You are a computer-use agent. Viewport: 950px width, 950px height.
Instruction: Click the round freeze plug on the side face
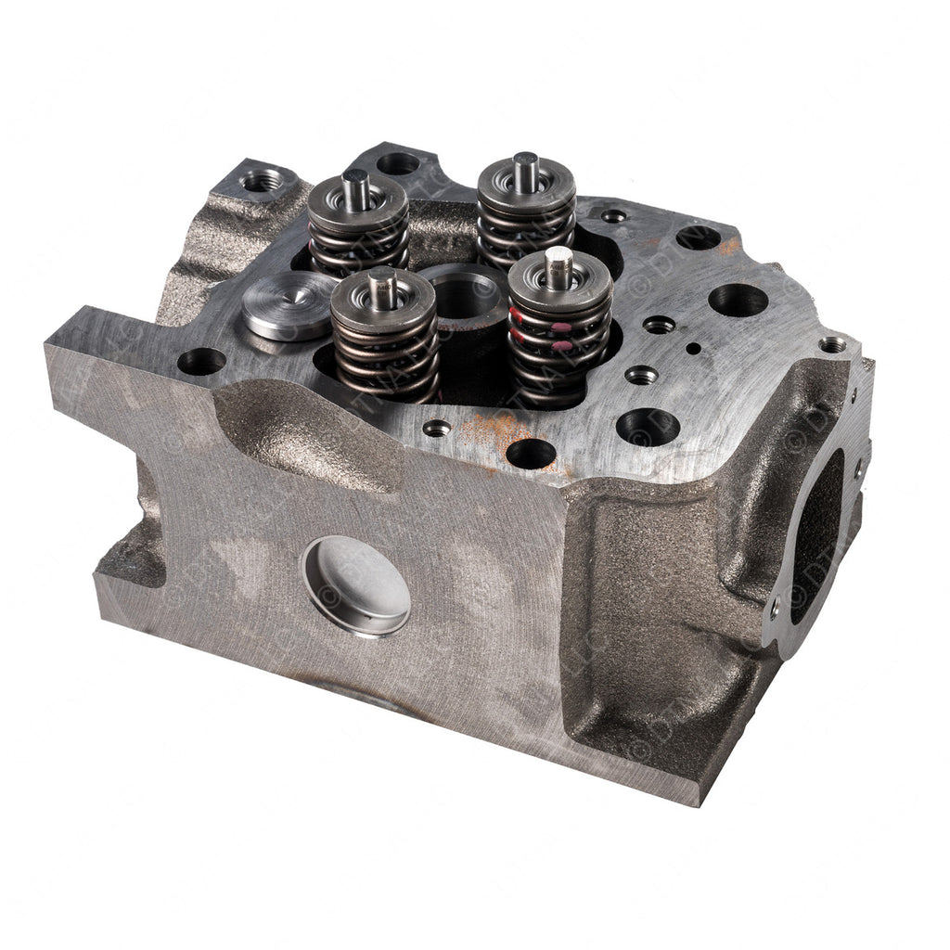point(356,586)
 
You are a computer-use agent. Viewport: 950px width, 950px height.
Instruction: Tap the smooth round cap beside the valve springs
point(277,305)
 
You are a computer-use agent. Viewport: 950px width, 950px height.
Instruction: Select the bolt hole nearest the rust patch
point(532,453)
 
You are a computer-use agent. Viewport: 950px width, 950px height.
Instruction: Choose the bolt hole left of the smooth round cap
point(200,361)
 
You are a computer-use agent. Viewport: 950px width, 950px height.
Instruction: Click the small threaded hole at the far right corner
point(833,344)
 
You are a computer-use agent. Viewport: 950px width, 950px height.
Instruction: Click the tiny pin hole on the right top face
point(695,350)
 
